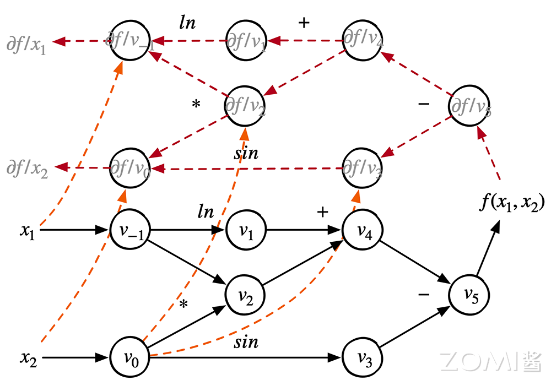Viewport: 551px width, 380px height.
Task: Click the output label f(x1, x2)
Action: [x=511, y=204]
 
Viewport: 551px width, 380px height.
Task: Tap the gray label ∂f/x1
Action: [x=26, y=44]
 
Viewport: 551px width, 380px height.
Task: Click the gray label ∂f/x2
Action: [x=26, y=169]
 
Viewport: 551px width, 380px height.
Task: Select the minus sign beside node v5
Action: [x=424, y=295]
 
